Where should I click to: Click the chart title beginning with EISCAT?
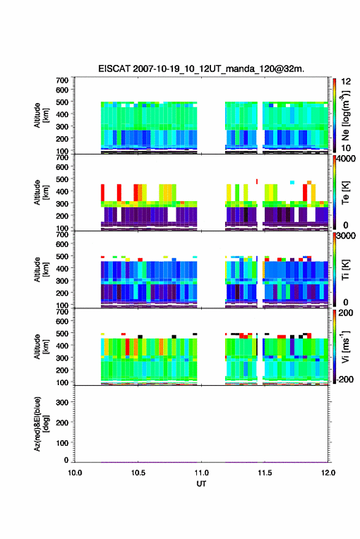pyautogui.click(x=201, y=69)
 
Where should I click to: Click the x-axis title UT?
pyautogui.click(x=201, y=484)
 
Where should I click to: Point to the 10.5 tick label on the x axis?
pyautogui.click(x=138, y=473)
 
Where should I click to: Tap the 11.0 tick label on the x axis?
pyautogui.click(x=202, y=473)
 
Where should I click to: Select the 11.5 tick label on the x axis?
pyautogui.click(x=265, y=473)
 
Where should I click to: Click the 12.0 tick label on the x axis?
pyautogui.click(x=328, y=473)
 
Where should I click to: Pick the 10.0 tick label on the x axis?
pyautogui.click(x=75, y=473)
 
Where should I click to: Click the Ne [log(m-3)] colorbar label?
pyautogui.click(x=345, y=115)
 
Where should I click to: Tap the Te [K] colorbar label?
pyautogui.click(x=345, y=193)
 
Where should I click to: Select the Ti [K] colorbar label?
pyautogui.click(x=345, y=270)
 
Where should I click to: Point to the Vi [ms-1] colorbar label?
pyautogui.click(x=345, y=346)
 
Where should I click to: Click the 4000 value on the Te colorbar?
pyautogui.click(x=347, y=159)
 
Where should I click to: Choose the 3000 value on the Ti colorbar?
pyautogui.click(x=347, y=236)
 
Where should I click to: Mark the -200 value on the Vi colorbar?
pyautogui.click(x=345, y=380)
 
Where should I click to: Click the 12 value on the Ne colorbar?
pyautogui.click(x=347, y=82)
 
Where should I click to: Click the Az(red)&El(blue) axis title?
pyautogui.click(x=41, y=424)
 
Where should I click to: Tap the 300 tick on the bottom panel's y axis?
pyautogui.click(x=62, y=402)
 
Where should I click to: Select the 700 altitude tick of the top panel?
pyautogui.click(x=62, y=80)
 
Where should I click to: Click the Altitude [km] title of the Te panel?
pyautogui.click(x=41, y=193)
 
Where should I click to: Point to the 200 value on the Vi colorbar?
pyautogui.click(x=346, y=313)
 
